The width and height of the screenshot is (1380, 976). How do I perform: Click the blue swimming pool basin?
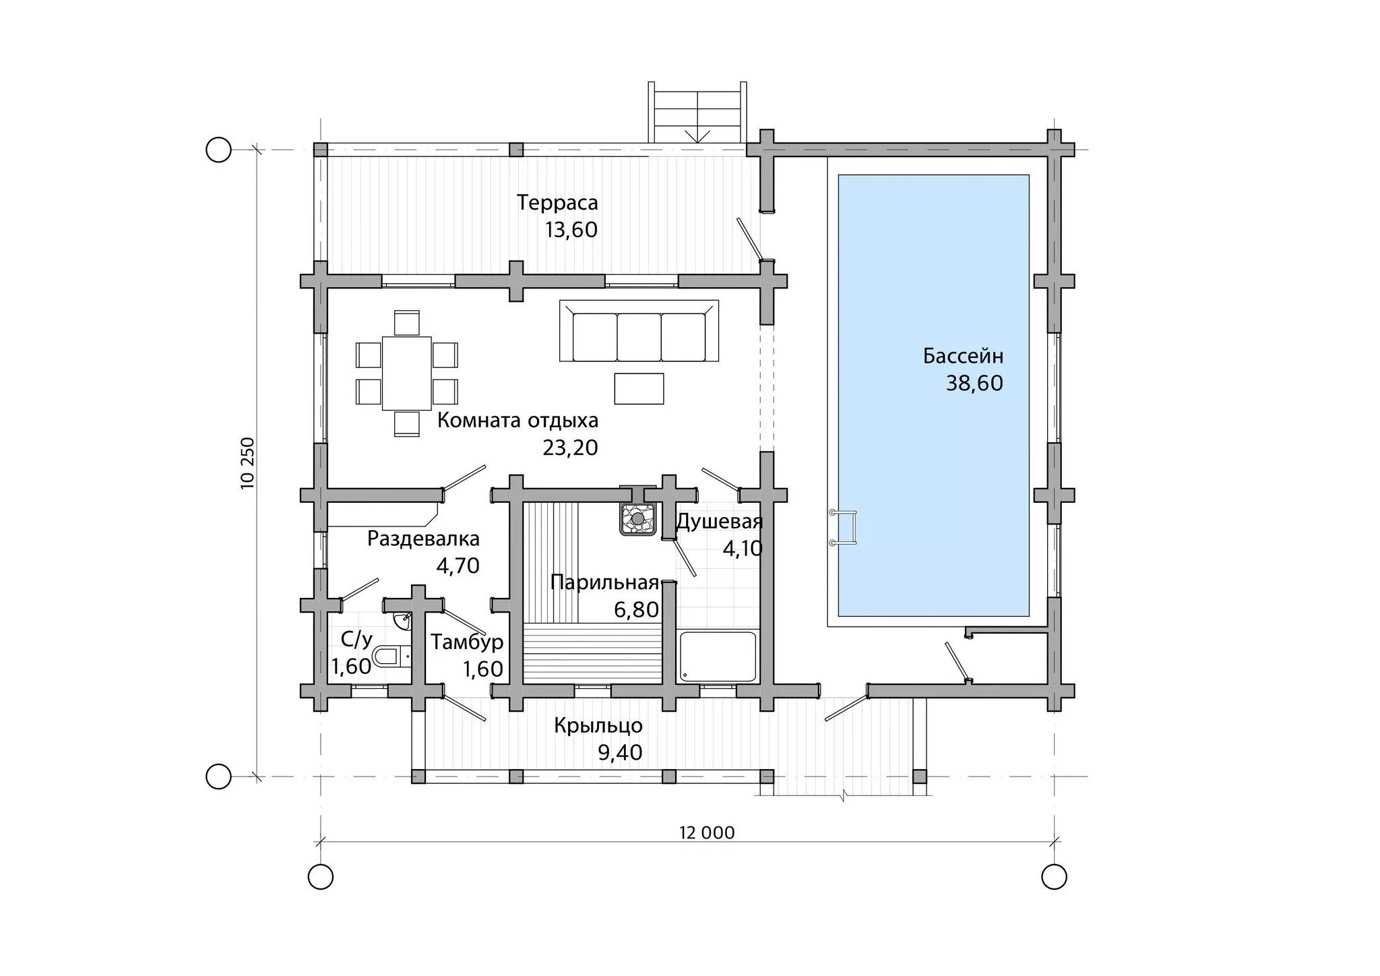point(933,395)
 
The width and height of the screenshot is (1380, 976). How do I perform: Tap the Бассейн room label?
point(964,356)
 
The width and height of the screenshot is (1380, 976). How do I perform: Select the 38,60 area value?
point(974,384)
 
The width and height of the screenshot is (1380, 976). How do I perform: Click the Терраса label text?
point(557,202)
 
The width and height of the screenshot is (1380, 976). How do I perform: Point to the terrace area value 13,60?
point(571,230)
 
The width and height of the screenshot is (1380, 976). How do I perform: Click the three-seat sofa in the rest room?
point(639,331)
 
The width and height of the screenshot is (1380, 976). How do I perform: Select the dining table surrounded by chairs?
point(407,373)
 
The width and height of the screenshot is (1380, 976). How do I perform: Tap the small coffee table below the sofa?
point(639,388)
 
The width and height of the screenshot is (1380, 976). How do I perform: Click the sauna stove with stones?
point(637,518)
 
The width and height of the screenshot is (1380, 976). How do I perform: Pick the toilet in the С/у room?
point(391,656)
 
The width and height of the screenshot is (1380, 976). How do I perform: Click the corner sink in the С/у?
point(402,619)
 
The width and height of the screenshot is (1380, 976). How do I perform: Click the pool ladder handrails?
point(844,528)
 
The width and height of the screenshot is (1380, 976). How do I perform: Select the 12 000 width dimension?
point(707,832)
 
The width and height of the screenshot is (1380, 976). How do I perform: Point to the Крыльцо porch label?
point(598,726)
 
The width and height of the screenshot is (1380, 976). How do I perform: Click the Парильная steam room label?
point(604,582)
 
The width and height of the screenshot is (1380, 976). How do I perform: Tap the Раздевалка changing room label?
point(423,539)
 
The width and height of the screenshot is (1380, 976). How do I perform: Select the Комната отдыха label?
point(517,421)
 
